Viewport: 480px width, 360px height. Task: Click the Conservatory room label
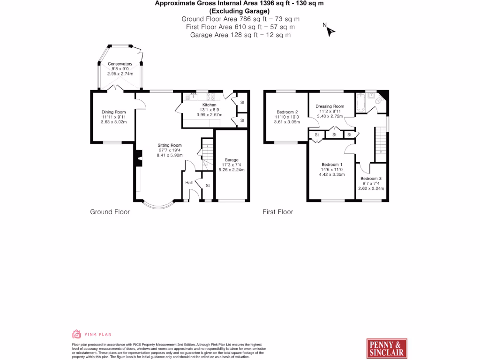coord(120,64)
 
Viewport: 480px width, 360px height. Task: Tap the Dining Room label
coord(114,112)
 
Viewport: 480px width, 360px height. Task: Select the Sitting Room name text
coord(170,145)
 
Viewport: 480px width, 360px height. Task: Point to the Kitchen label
coord(209,105)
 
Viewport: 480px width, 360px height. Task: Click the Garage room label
coord(232,160)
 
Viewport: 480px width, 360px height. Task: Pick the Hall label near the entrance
coord(189,182)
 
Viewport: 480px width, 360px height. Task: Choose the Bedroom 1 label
coord(332,165)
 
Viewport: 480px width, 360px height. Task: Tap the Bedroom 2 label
coord(287,112)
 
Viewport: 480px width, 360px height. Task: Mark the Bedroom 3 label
coord(371,179)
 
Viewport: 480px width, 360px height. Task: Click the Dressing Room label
coord(330,106)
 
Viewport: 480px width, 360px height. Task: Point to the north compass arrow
coord(330,31)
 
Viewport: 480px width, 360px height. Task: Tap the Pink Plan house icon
coord(76,334)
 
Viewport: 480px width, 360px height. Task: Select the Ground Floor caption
coord(110,212)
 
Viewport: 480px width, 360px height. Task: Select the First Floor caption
coord(277,212)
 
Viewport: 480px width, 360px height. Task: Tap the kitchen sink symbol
coord(192,97)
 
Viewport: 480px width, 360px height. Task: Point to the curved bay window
coord(158,205)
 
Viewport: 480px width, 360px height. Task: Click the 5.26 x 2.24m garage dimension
coord(232,170)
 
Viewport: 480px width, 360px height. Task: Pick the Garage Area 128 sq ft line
coord(240,35)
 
